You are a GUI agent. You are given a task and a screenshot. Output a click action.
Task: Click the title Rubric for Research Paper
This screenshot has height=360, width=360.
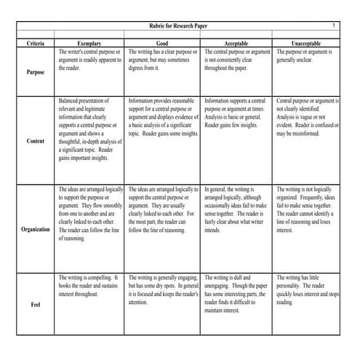pyautogui.click(x=179, y=27)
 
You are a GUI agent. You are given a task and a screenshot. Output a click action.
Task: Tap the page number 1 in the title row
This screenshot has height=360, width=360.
pyautogui.click(x=333, y=26)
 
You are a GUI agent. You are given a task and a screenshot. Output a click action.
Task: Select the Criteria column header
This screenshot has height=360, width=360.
pyautogui.click(x=36, y=44)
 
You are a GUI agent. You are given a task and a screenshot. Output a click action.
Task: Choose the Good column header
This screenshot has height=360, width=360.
pyautogui.click(x=163, y=44)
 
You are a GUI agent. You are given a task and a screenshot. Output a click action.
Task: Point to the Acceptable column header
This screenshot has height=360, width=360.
pyautogui.click(x=237, y=44)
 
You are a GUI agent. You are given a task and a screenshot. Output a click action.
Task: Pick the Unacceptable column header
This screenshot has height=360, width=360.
pyautogui.click(x=308, y=44)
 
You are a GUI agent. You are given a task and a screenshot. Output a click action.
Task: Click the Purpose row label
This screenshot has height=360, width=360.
pyautogui.click(x=36, y=73)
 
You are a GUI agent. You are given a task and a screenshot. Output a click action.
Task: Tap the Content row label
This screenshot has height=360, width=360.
pyautogui.click(x=36, y=141)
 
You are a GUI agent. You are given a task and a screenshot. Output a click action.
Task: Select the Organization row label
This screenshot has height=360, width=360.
pyautogui.click(x=36, y=229)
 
